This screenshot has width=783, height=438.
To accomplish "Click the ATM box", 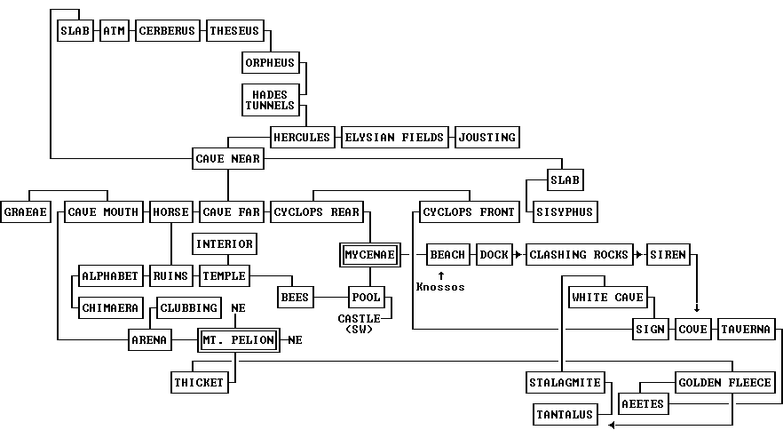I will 115,31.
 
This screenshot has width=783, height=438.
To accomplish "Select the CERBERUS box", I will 167,31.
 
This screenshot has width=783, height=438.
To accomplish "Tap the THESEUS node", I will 234,31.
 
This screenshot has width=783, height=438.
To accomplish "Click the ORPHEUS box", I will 270,63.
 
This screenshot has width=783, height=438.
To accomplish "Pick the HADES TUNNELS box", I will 270,100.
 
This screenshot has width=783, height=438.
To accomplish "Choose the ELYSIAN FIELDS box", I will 393,138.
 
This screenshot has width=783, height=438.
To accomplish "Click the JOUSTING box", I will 486,138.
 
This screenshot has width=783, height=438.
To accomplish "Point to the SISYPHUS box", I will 563,212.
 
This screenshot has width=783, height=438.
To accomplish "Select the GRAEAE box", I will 25,212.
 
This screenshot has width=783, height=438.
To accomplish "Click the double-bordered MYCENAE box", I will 369,255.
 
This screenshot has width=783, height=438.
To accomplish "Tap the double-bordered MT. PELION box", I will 238,340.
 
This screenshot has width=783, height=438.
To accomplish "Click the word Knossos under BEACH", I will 440,287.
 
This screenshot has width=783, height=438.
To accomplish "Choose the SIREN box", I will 668,255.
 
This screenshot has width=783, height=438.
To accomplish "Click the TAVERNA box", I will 745,330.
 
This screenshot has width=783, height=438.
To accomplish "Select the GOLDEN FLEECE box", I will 724,383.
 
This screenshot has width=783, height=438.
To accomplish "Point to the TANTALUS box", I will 565,415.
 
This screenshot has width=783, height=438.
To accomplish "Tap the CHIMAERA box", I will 110,308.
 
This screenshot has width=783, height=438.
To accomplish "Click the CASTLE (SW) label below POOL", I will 360,323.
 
